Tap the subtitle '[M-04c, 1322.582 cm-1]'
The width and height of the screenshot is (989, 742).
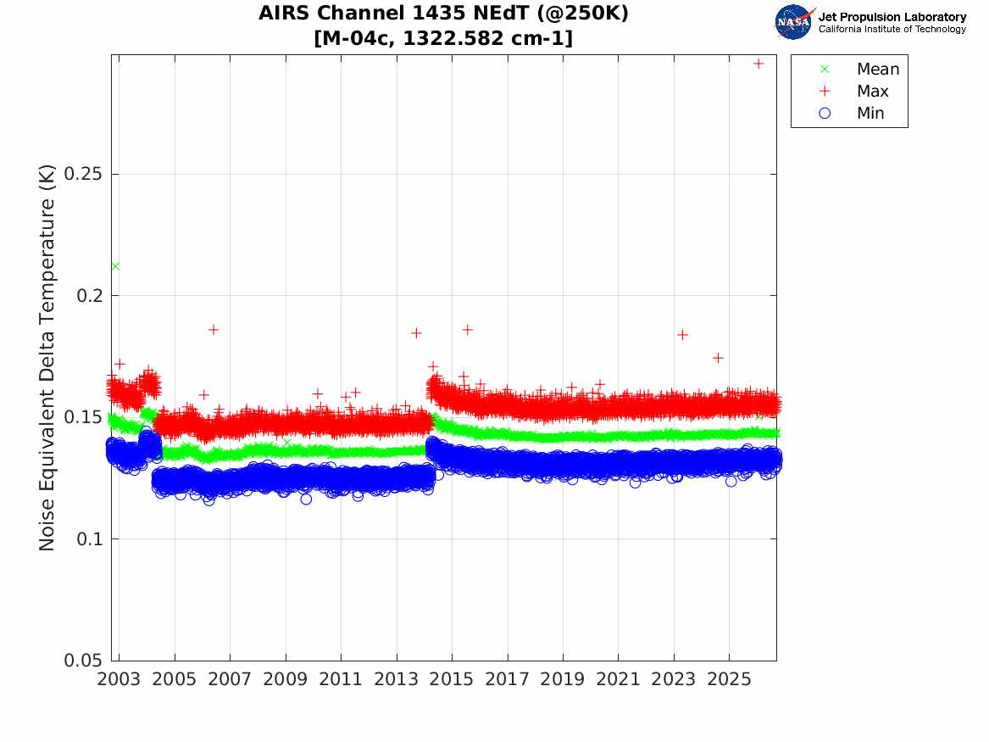(443, 38)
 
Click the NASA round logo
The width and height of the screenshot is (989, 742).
(794, 22)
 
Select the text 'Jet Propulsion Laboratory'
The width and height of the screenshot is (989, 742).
(892, 17)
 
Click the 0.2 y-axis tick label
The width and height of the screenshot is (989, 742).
(89, 295)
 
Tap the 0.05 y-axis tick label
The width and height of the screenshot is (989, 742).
(82, 660)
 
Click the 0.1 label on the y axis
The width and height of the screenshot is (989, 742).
(89, 538)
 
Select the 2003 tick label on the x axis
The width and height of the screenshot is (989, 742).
(119, 679)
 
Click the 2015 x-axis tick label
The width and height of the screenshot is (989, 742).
(452, 679)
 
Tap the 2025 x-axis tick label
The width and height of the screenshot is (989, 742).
(729, 679)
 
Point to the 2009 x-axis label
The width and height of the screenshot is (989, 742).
(285, 679)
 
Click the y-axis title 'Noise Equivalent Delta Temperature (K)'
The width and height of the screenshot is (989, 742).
(47, 358)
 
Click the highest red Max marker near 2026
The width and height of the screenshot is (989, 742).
(758, 64)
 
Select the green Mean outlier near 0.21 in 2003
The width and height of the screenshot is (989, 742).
(115, 266)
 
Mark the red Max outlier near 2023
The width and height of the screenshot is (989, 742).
(682, 334)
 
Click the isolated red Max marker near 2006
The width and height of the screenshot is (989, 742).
(214, 329)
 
